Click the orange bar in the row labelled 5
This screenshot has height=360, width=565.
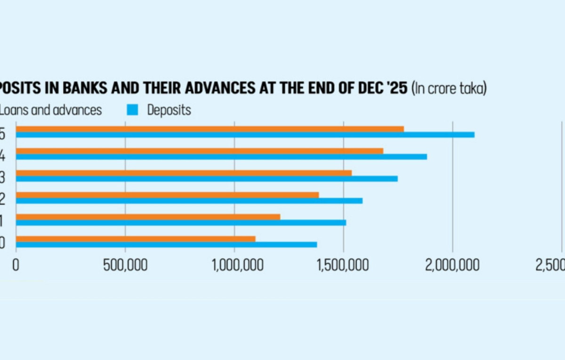click(210, 129)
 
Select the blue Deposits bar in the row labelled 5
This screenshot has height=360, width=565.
click(245, 135)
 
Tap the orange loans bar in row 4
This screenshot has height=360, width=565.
click(200, 151)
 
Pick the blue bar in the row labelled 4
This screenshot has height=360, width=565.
click(221, 157)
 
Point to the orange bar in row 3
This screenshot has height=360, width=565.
click(184, 173)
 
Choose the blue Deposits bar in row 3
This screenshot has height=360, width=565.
click(207, 179)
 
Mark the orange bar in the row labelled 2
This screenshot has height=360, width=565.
click(167, 195)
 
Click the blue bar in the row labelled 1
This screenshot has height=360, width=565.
click(181, 223)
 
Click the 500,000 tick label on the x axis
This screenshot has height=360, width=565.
click(125, 265)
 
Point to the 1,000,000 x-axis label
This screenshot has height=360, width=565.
click(234, 265)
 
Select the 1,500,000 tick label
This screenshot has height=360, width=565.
click(344, 265)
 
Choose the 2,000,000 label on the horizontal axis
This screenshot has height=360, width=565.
click(453, 265)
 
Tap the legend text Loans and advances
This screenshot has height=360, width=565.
click(50, 110)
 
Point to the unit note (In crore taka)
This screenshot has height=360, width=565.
click(449, 89)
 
